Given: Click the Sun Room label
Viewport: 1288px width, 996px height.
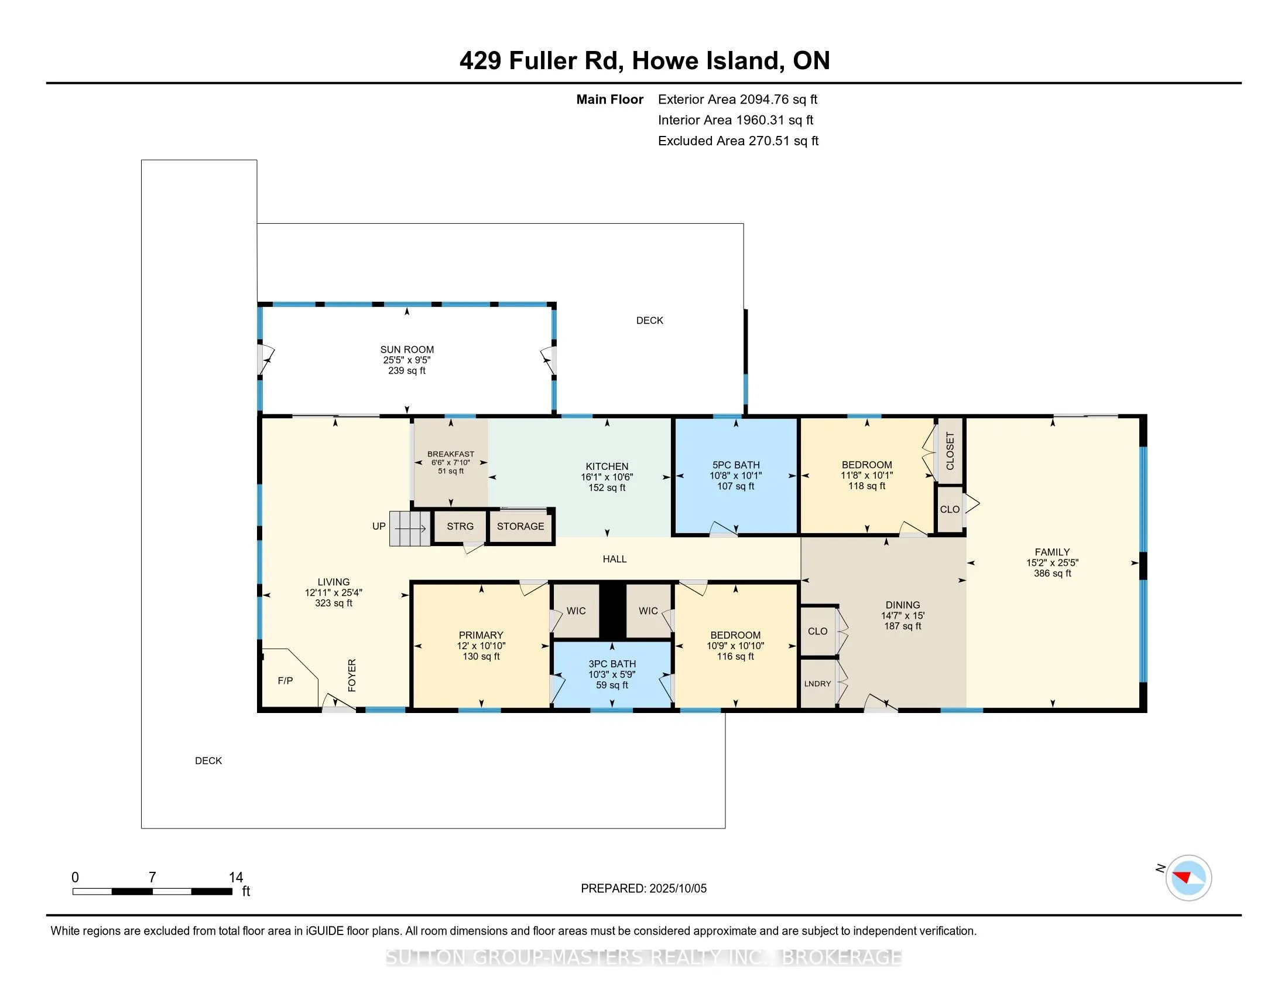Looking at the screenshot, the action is (x=407, y=349).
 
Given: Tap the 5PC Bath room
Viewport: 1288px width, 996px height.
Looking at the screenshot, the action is (x=736, y=476).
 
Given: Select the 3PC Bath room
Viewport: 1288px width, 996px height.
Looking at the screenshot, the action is (x=612, y=674).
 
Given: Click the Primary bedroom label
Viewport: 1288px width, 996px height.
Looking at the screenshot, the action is (x=481, y=635).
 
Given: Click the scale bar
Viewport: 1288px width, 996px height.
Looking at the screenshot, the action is (x=152, y=892).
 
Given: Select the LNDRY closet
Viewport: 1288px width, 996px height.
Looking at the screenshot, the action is (x=818, y=683).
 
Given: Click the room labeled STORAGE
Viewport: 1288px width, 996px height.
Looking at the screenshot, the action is (x=520, y=526).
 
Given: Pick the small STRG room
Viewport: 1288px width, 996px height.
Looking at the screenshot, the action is (x=460, y=526).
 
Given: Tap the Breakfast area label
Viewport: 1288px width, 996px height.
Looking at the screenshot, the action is (x=451, y=453).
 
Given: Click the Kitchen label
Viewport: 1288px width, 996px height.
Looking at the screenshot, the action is (x=607, y=466).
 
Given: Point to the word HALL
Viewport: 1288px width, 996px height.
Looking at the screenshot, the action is (x=615, y=559).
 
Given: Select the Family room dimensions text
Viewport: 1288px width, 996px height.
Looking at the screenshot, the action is (x=1053, y=563).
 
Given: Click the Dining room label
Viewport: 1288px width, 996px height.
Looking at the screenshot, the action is (x=903, y=605).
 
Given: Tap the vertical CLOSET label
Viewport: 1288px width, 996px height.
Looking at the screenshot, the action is (x=950, y=451).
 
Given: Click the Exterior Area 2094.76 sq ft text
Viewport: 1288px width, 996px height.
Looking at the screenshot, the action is (x=738, y=99).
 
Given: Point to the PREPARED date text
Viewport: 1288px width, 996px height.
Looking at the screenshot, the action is (x=643, y=889).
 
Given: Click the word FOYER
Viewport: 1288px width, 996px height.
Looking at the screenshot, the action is (x=352, y=675).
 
